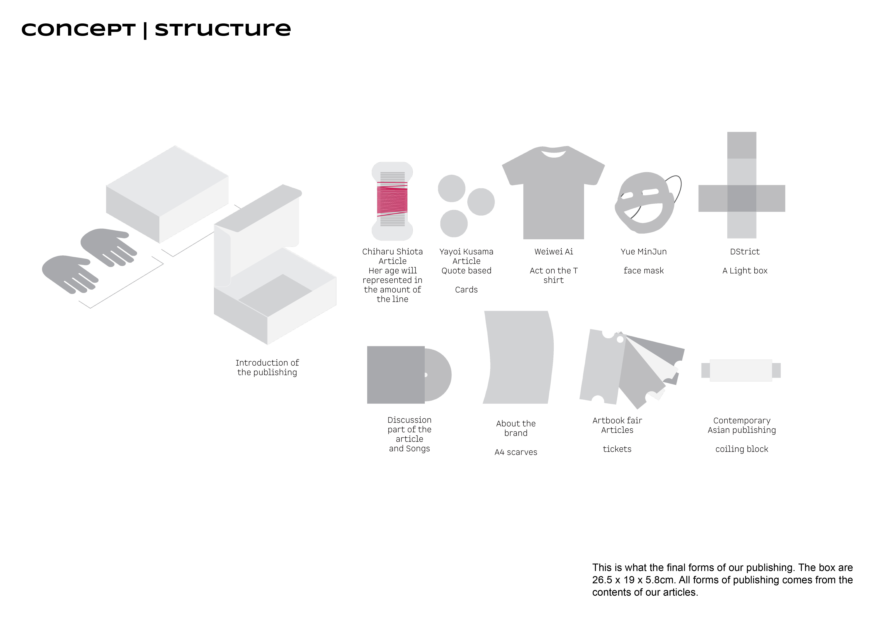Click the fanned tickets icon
[x=628, y=369]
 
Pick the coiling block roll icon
[x=741, y=370]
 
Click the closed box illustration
[x=168, y=194]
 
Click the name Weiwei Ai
[x=554, y=252]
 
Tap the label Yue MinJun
[x=643, y=252]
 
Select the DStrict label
[x=745, y=252]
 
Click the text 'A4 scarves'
[x=516, y=452]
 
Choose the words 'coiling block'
[x=742, y=449]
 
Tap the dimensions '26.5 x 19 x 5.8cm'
[x=634, y=580]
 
